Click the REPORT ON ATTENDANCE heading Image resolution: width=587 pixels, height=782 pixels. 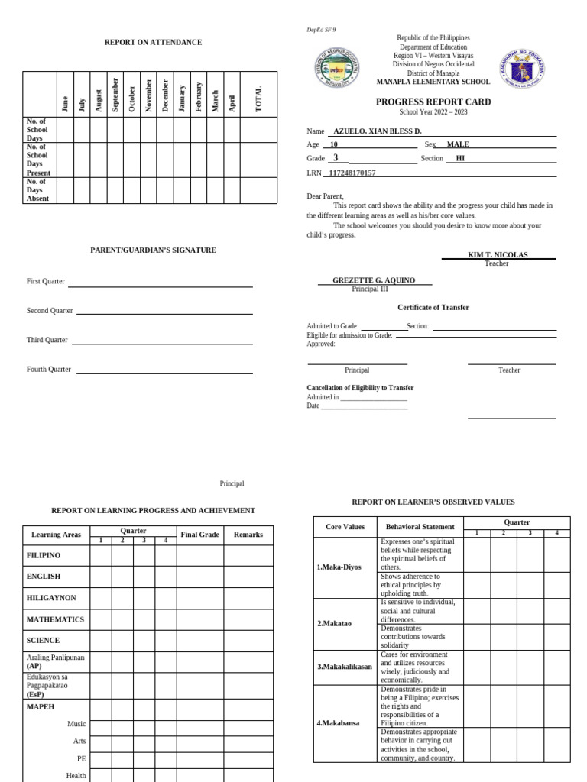pos(153,43)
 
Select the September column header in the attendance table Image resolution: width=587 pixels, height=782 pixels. pos(115,95)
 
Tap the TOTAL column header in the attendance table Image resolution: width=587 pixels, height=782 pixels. pos(258,99)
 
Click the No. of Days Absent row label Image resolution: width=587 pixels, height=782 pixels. pos(37,190)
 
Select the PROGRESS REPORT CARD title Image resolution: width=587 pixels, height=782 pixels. pos(433,102)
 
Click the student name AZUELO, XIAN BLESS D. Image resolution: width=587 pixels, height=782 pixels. pos(379,131)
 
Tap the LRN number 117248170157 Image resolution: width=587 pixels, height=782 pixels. pos(352,173)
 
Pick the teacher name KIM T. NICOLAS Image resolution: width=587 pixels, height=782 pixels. pos(498,254)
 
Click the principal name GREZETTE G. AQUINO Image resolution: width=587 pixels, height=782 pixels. pos(374,280)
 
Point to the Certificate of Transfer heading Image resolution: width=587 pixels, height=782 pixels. pos(433,307)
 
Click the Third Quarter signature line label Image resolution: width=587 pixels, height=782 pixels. pos(47,340)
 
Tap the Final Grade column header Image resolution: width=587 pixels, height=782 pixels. pos(199,535)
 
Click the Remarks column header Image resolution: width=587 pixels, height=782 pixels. pos(248,535)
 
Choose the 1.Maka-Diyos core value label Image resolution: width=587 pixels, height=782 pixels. pos(339,567)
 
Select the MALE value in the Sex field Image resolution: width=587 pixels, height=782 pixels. pos(458,144)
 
